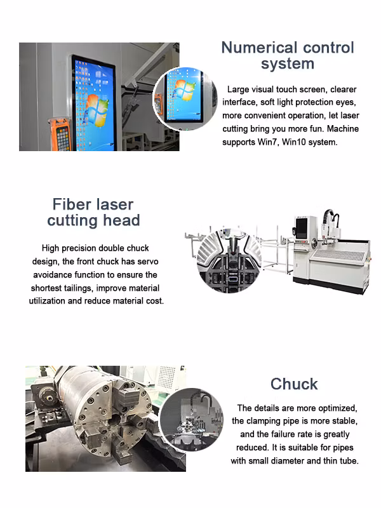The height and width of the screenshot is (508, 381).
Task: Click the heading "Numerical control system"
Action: (x=288, y=55)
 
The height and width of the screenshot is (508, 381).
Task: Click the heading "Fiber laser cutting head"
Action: (x=93, y=212)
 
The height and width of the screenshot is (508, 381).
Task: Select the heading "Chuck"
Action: (x=294, y=384)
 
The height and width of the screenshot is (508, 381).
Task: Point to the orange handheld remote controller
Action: (x=59, y=135)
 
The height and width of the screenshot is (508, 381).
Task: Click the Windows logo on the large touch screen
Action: (x=97, y=110)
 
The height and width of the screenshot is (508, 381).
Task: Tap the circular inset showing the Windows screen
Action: (x=185, y=98)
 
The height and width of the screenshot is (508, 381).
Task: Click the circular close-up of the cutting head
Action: (x=229, y=262)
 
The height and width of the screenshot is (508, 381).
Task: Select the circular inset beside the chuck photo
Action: (x=192, y=420)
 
